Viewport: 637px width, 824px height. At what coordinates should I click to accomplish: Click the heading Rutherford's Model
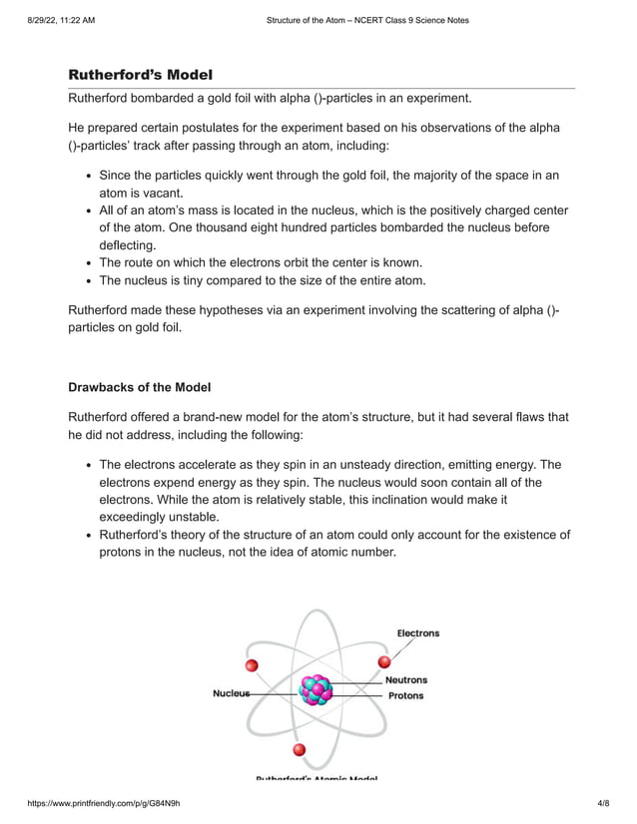140,75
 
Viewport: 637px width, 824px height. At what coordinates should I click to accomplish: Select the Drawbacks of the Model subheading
139,387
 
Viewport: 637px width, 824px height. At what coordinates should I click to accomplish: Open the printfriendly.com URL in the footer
97,802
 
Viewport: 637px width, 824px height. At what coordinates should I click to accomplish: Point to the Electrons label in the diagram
417,633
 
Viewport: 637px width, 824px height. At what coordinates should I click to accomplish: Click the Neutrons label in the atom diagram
406,679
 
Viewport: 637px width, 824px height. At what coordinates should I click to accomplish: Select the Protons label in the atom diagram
405,695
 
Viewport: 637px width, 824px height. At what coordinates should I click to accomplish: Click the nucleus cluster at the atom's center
317,690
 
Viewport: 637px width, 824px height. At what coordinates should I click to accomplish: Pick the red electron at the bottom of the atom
298,749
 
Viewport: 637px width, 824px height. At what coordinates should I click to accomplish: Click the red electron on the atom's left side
252,665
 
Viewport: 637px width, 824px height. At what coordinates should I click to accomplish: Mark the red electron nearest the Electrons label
383,661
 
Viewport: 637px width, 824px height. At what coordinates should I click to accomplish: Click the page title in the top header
367,20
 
